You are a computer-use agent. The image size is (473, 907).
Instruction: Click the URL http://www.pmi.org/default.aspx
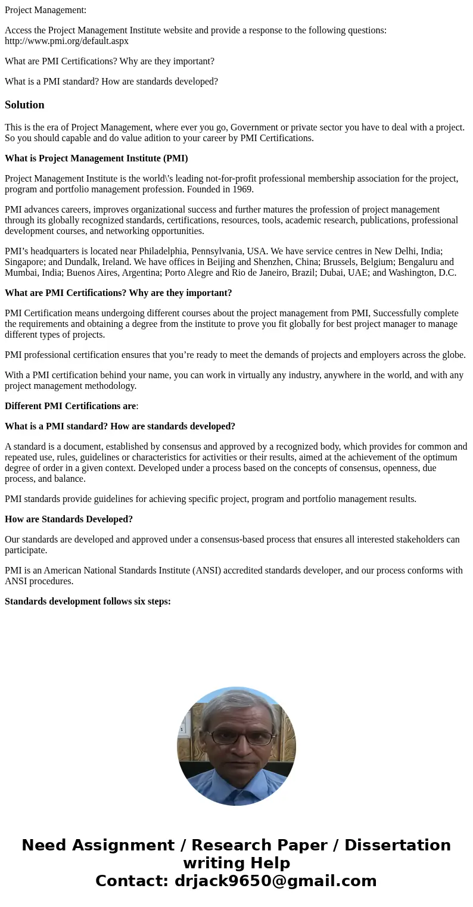[67, 41]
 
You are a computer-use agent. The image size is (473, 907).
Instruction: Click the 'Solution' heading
[24, 105]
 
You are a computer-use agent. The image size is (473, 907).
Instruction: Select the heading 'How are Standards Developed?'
[69, 519]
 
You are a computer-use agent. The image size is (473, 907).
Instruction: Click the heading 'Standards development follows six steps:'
[88, 601]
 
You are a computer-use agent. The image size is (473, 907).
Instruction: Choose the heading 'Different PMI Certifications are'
[70, 406]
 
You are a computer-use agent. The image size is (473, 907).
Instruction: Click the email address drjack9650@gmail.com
[275, 881]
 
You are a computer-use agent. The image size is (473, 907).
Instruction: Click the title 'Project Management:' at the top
[45, 10]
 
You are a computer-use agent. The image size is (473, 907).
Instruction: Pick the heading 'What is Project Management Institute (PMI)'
[96, 158]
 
